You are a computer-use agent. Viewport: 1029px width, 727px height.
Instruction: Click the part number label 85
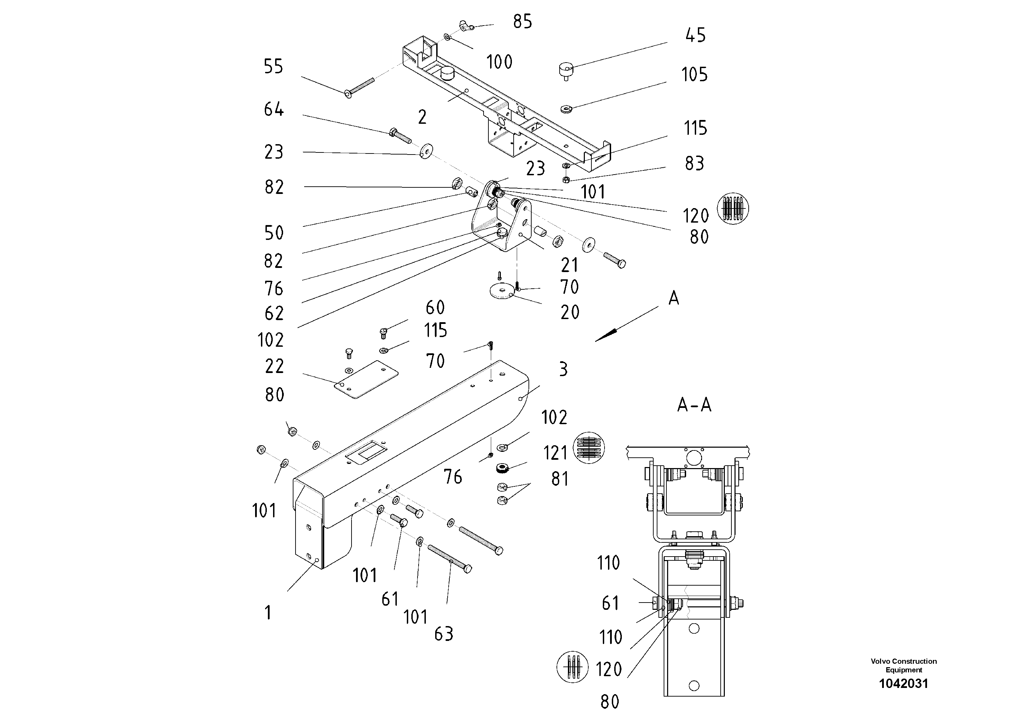[522, 21]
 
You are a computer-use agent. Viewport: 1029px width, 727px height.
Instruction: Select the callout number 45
[695, 35]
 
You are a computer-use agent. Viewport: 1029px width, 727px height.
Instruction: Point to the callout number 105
[694, 74]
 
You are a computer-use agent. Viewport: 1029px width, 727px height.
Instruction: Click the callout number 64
[273, 109]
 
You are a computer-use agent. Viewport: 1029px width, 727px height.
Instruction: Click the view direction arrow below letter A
[609, 334]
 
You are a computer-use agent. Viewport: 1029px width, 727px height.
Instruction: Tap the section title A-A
[694, 405]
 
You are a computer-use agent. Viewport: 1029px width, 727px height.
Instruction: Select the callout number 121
[555, 453]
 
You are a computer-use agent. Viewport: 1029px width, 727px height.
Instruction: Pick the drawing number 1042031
[903, 683]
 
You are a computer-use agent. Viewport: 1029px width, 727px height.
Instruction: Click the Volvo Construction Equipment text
[903, 665]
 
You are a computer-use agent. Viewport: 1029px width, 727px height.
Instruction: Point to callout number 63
[444, 634]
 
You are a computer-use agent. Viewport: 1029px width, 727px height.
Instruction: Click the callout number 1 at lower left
[268, 612]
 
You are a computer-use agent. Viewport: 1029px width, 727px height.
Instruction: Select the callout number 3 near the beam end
[563, 369]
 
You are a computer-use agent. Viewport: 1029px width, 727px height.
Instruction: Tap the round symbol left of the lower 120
[572, 667]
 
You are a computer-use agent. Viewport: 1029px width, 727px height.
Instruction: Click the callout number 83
[694, 164]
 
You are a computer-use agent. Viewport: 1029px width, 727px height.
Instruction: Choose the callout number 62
[274, 313]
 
